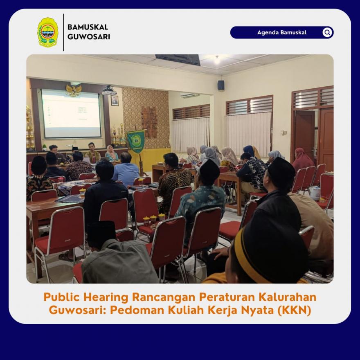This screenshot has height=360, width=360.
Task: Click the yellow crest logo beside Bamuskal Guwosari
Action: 48,32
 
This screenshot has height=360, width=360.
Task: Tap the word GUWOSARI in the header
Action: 89,37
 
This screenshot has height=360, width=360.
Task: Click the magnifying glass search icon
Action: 327,32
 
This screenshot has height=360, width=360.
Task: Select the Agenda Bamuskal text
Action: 282,32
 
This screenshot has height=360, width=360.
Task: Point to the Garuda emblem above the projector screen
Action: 74,90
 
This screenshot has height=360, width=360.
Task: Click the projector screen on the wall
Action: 71,114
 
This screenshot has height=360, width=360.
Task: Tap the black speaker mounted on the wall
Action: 221,85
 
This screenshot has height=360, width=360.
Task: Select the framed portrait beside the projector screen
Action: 115,101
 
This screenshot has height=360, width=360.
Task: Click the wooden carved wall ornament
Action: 149,122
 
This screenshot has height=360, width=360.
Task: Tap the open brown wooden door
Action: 305,135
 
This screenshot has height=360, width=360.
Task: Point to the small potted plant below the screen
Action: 45,147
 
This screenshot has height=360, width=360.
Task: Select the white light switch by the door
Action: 284,133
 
